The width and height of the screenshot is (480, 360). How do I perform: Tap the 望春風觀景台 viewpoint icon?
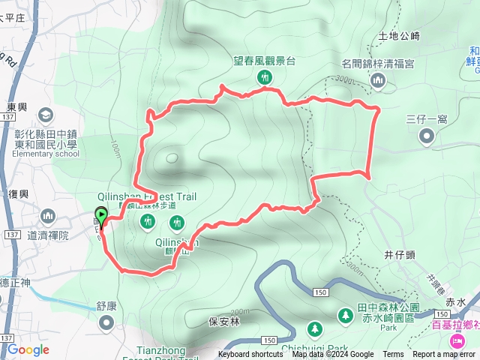pos(264,77)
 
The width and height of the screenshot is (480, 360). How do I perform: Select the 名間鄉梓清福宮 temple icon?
pos(378,79)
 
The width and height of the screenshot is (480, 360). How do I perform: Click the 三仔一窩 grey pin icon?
pos(427,136)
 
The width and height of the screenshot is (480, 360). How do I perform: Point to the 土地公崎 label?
pos(399,35)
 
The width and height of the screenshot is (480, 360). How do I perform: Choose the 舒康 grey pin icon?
pos(106,322)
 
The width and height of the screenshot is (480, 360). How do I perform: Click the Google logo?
pos(28,349)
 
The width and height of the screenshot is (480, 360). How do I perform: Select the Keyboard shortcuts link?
pos(250,355)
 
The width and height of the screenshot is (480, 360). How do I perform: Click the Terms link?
pos(393,355)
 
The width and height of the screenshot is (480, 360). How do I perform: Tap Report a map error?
pos(444,355)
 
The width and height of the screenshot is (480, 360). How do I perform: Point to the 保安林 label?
pos(223,322)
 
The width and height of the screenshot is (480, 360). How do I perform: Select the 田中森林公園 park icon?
pos(346,315)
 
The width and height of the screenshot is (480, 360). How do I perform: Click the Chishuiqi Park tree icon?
pos(313,328)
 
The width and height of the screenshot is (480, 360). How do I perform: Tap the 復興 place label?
pos(18,193)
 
